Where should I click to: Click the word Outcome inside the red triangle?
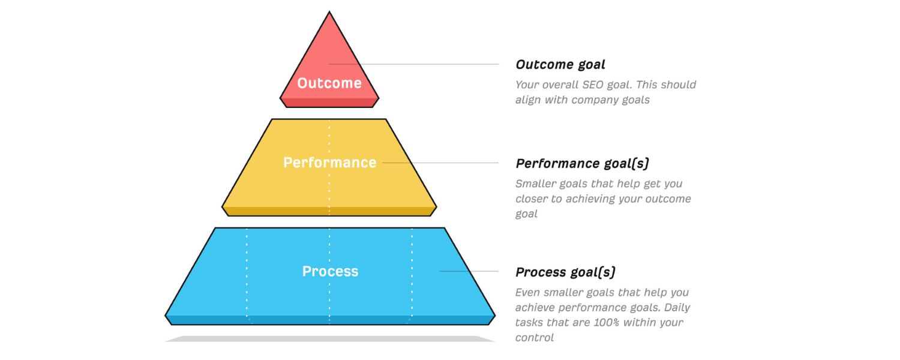click(329, 83)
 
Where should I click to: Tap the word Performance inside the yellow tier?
click(329, 163)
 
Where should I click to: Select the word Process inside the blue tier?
click(330, 271)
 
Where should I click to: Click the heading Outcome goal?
click(560, 65)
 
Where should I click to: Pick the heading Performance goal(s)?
click(582, 163)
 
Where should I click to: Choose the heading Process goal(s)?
click(565, 272)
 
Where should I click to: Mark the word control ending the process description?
click(534, 338)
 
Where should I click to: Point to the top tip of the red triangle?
click(329, 13)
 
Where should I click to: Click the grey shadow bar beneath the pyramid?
click(329, 338)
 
